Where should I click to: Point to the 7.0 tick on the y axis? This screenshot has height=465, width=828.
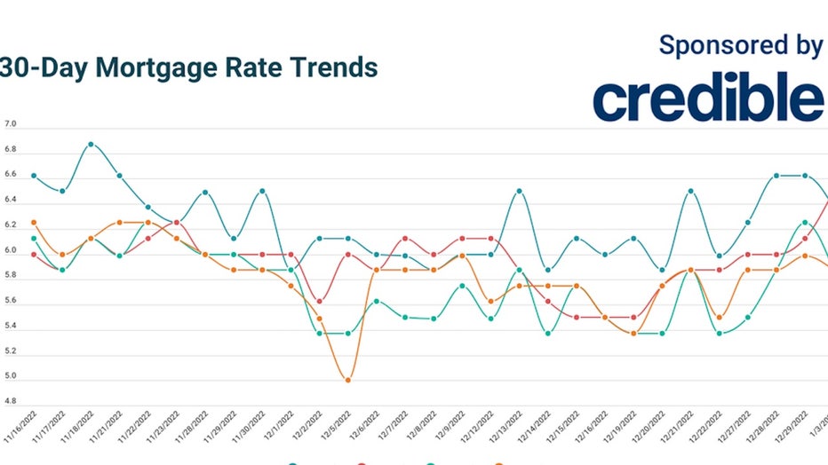tap(11, 128)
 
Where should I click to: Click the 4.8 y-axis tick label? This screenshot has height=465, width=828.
tap(11, 401)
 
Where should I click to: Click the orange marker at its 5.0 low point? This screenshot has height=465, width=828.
tap(347, 380)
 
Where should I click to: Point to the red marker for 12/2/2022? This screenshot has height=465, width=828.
tap(319, 302)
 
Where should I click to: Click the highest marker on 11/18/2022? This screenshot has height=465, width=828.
tap(91, 144)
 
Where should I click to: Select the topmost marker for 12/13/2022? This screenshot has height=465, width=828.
tap(519, 191)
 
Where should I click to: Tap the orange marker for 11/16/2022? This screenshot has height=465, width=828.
tap(34, 223)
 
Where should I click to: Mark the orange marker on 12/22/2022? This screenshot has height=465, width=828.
tap(719, 317)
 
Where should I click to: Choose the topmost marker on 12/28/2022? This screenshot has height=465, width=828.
tap(776, 176)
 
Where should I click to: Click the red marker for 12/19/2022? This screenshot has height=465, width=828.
tap(633, 317)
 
